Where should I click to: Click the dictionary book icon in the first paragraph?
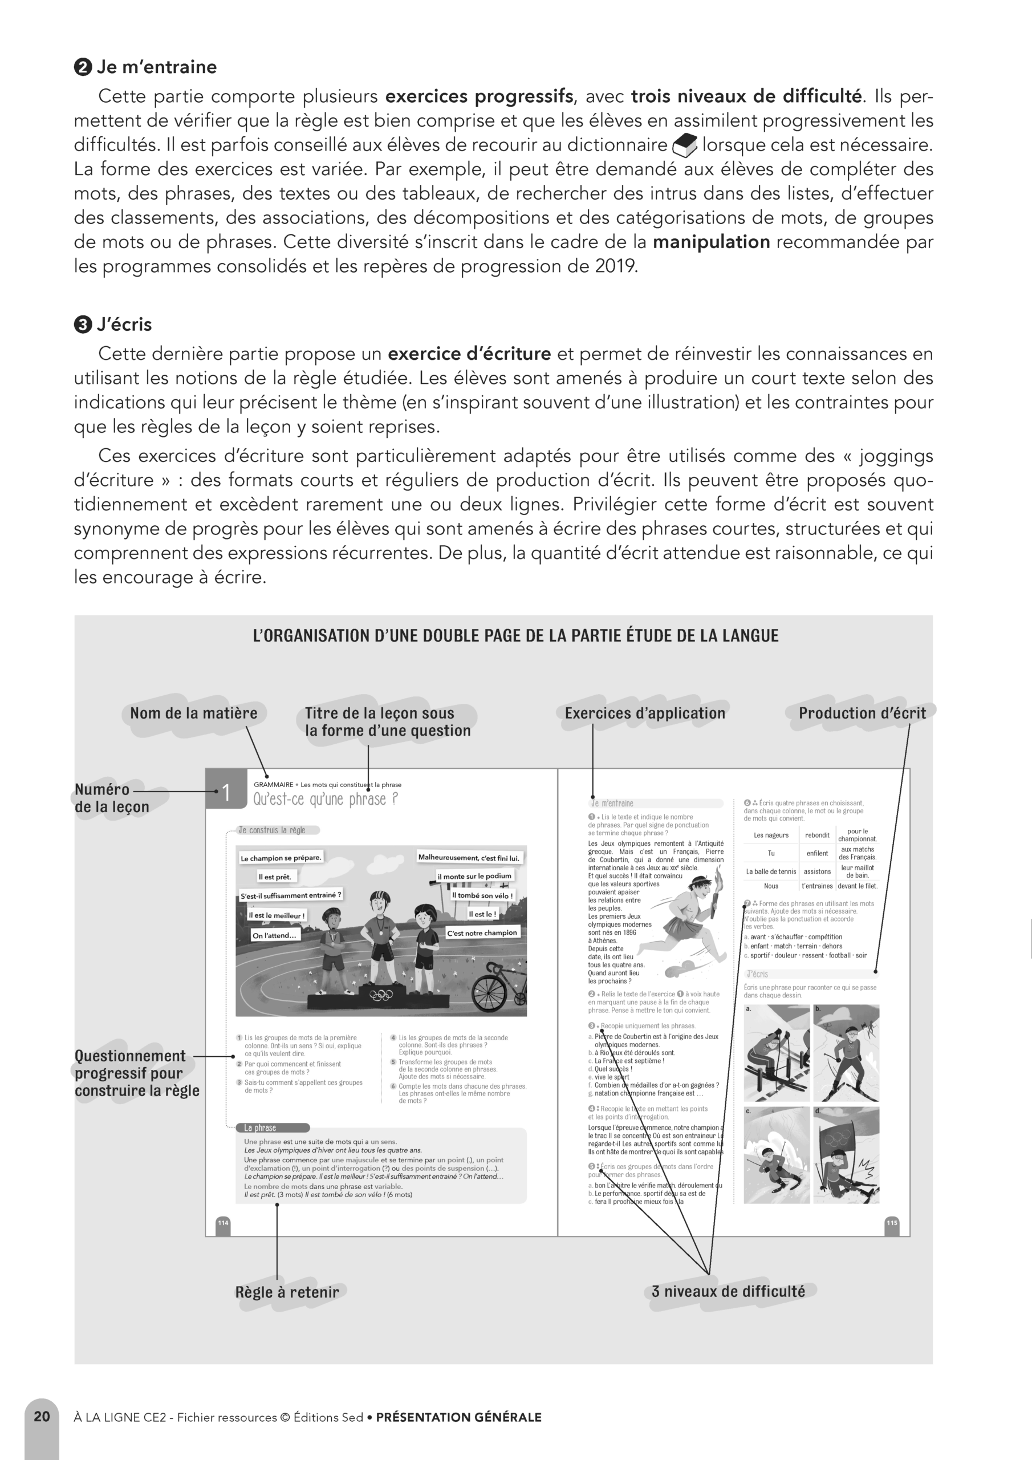click(x=684, y=145)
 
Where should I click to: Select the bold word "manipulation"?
click(x=711, y=242)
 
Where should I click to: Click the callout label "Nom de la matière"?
click(x=193, y=713)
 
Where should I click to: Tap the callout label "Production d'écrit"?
click(x=862, y=713)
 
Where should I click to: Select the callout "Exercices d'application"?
click(x=645, y=713)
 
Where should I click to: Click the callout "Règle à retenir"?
click(x=287, y=1292)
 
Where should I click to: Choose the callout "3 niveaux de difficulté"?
click(x=728, y=1292)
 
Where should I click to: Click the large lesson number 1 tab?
click(x=226, y=792)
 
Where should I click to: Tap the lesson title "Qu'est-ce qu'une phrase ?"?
click(x=326, y=800)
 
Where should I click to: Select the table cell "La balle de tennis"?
click(x=771, y=871)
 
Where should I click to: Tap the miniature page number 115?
click(x=892, y=1223)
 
